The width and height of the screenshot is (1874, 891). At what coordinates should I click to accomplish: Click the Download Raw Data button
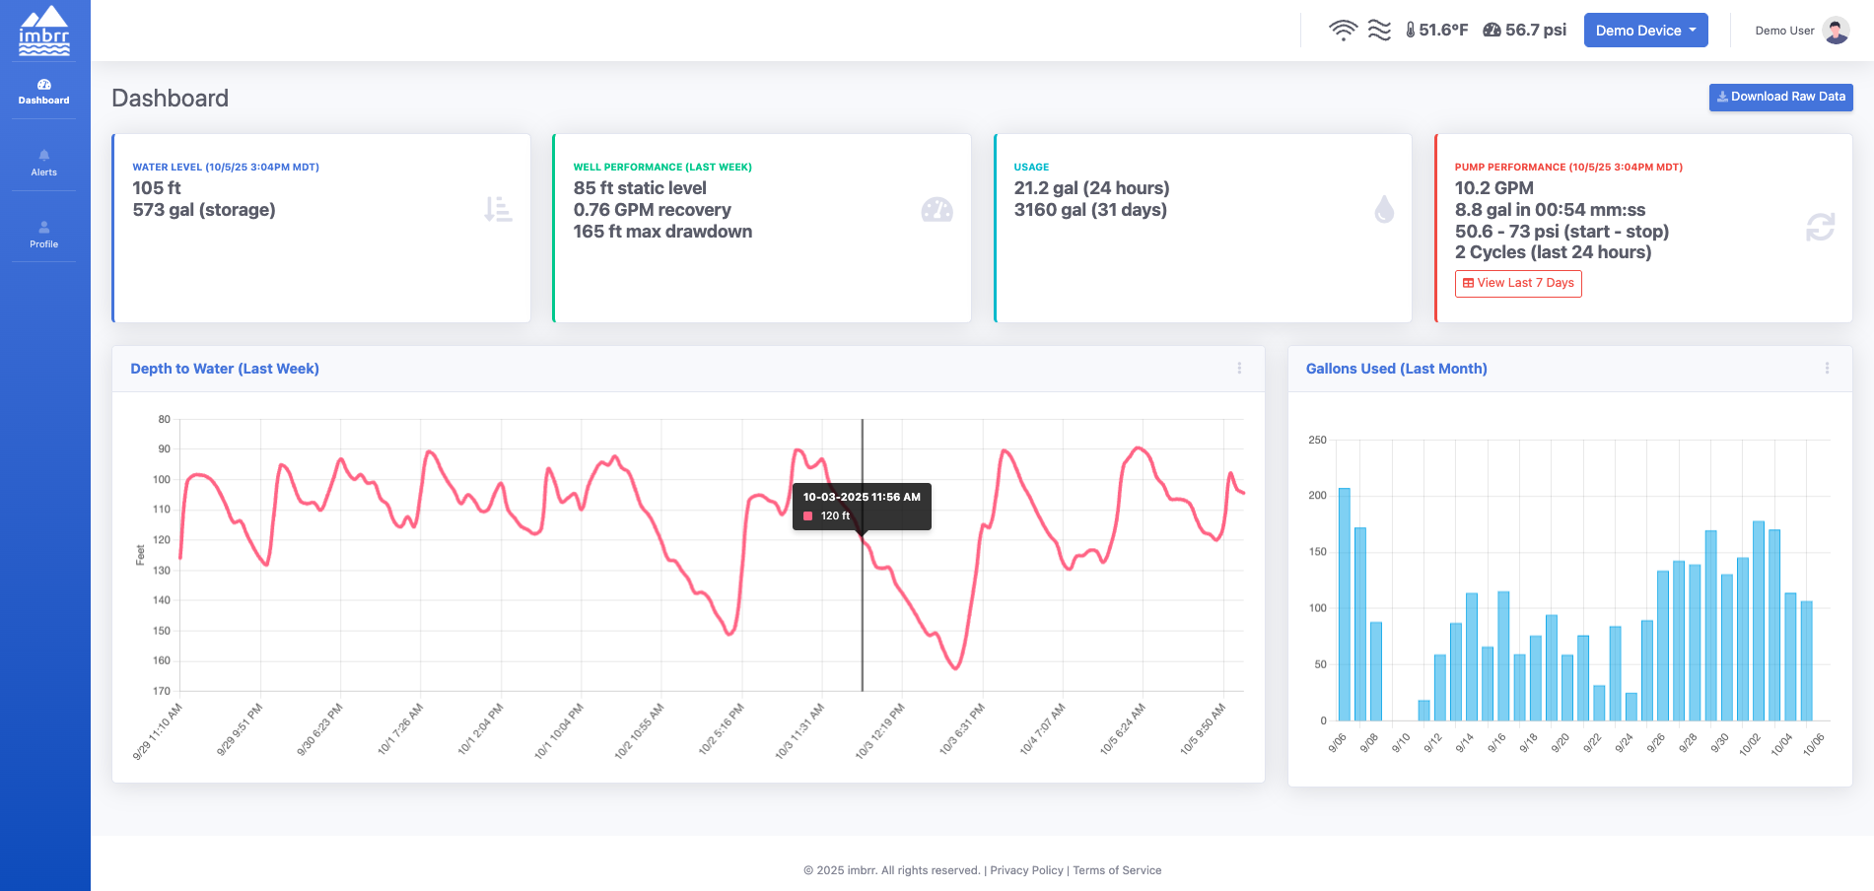1780,97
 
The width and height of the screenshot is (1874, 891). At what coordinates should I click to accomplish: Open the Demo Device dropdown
1645,31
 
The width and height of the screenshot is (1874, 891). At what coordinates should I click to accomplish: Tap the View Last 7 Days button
1518,283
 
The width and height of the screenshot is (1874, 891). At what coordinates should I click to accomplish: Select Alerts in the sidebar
43,163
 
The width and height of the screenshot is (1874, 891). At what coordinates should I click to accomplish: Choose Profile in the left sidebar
43,235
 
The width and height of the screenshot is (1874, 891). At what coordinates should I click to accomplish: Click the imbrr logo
44,31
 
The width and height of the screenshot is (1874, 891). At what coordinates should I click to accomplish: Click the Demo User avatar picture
1836,31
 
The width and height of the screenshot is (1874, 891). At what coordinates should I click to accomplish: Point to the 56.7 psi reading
1525,31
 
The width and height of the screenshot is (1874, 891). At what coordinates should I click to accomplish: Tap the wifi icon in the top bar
1343,31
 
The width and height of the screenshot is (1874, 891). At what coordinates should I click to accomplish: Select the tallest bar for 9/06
1344,603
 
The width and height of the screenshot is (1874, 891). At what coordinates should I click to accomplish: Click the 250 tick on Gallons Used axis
1317,440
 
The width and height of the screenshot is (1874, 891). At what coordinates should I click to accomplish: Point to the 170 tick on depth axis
162,691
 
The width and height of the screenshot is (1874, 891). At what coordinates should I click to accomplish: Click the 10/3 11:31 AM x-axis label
799,730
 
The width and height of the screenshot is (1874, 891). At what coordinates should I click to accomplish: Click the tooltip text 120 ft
835,515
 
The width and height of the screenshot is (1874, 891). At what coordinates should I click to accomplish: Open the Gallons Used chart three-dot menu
1827,368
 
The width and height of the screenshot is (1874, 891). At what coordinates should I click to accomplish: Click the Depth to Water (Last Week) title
225,369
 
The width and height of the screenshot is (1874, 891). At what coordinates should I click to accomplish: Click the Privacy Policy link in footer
1026,870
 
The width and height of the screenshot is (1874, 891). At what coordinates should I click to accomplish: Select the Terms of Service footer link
1117,870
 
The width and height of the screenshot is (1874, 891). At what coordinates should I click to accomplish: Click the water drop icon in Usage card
1384,209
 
